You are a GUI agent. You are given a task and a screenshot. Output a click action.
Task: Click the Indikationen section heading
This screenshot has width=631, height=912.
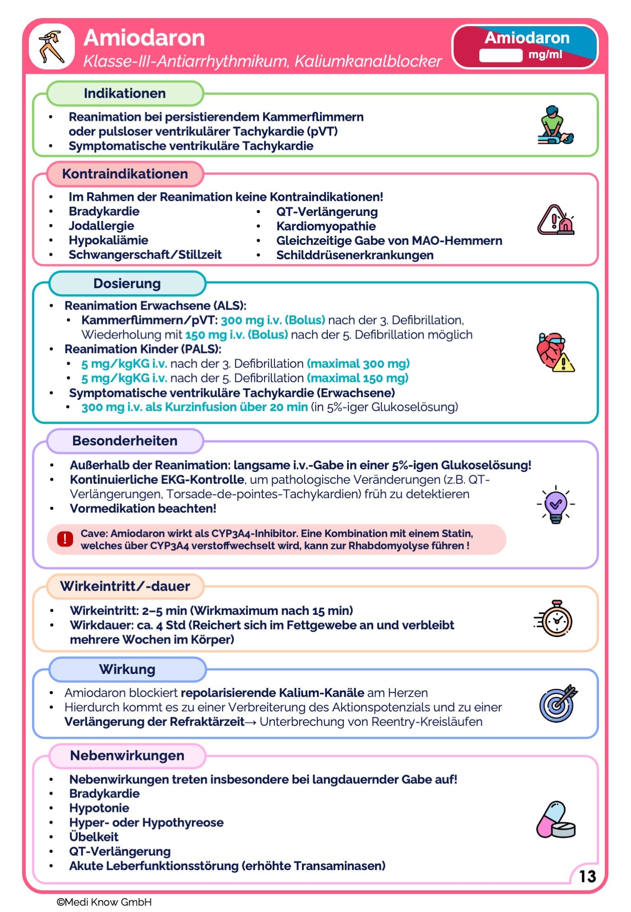(125, 93)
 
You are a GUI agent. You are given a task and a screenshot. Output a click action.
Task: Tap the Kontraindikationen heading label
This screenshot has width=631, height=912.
(125, 174)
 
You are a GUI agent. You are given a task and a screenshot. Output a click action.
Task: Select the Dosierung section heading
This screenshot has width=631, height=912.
(127, 284)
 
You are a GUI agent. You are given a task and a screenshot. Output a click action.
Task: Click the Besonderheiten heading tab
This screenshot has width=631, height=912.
(125, 441)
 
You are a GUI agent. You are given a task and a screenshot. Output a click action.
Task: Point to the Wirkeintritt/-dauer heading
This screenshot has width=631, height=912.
(125, 586)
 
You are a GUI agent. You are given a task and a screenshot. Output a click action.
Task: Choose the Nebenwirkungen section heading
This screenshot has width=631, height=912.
(127, 756)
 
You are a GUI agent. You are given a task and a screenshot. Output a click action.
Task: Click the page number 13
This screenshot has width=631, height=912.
(587, 876)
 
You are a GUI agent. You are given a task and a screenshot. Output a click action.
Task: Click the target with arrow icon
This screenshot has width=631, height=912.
(558, 703)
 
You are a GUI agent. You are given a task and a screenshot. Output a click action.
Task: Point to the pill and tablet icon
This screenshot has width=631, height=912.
(556, 820)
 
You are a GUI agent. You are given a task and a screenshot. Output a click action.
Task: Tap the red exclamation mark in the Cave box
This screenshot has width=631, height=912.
(65, 539)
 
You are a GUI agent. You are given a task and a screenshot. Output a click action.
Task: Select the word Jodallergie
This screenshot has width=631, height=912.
(101, 226)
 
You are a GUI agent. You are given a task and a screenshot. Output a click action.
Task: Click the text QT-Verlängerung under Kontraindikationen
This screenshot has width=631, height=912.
(327, 212)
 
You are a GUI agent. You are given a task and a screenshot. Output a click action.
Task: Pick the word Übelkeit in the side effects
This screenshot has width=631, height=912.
(94, 837)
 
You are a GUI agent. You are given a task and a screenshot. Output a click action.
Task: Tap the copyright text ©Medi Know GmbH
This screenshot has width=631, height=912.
(104, 902)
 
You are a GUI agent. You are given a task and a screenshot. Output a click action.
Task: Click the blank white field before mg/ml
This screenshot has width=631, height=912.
(500, 55)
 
